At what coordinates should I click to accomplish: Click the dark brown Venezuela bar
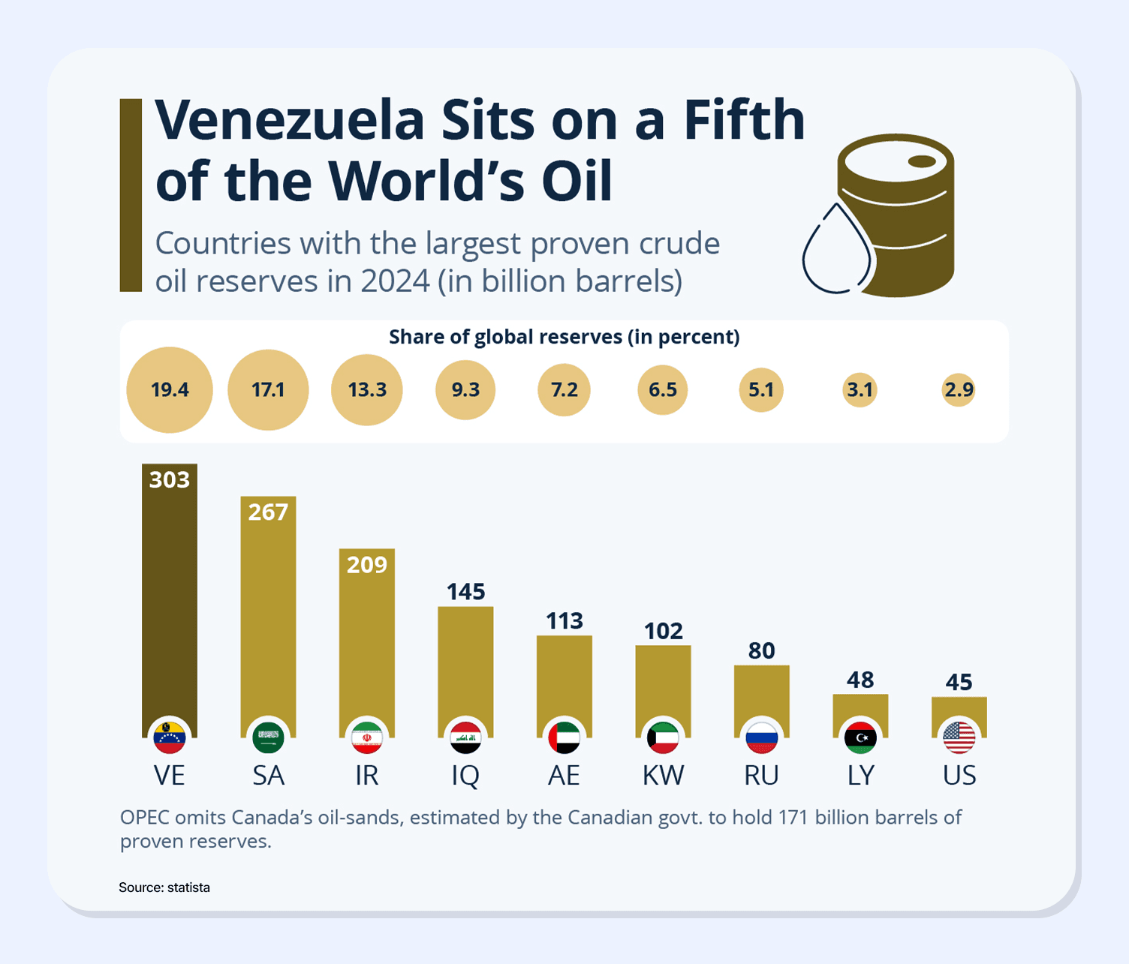pos(170,600)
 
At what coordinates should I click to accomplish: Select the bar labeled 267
pos(268,615)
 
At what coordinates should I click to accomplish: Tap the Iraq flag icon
pos(465,738)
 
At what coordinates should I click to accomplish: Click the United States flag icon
pos(959,738)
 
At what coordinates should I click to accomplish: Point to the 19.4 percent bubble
pos(170,390)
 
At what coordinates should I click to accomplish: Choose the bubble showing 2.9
pos(959,390)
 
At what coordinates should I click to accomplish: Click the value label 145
pos(465,592)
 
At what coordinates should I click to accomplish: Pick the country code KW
pos(663,775)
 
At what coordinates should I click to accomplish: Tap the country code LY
pos(860,775)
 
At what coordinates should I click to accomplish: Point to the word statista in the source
pos(188,887)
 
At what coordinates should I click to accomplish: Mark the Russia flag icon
pos(761,738)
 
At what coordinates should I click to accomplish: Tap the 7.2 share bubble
pos(564,390)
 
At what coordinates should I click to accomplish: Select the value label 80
pos(761,650)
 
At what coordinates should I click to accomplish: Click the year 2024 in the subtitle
pos(395,281)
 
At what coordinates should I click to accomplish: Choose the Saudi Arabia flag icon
pos(268,738)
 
